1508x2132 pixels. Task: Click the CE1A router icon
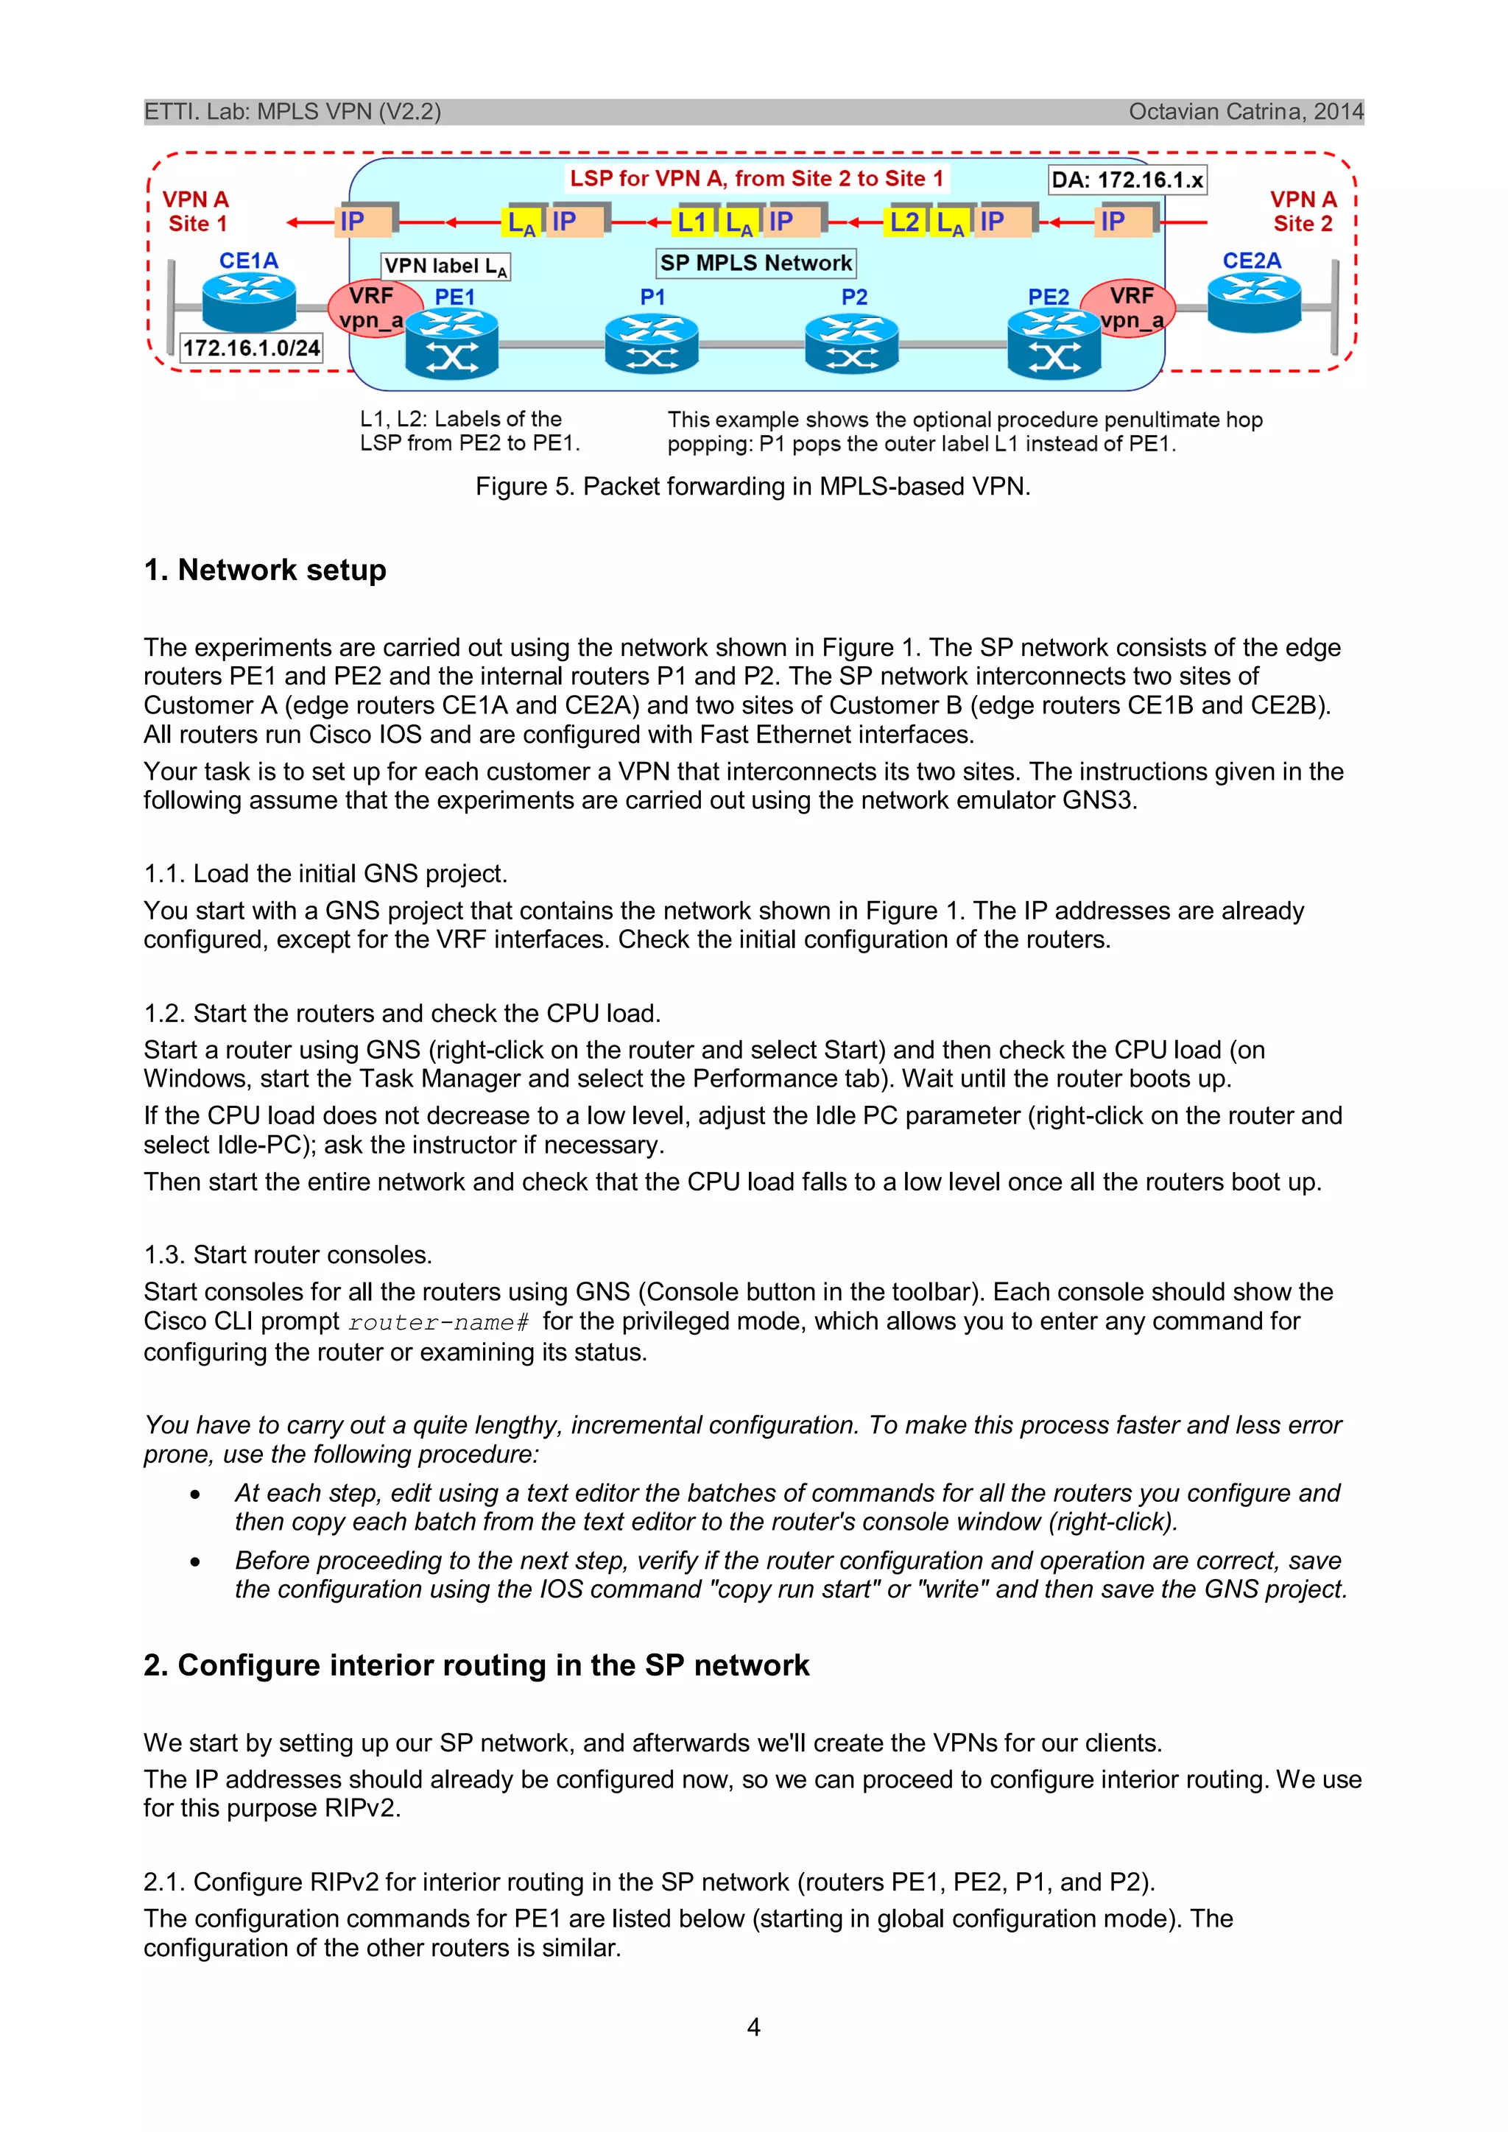(x=249, y=303)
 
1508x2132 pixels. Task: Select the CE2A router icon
(x=1253, y=303)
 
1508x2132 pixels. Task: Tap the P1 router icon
(x=651, y=344)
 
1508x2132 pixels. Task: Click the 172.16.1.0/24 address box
(x=250, y=348)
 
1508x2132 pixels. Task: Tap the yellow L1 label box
(x=694, y=222)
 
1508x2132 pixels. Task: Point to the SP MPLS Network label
(x=756, y=263)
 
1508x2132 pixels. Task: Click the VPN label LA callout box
(x=445, y=266)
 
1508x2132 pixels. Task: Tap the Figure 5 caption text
(x=753, y=487)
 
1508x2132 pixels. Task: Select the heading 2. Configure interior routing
(x=476, y=1665)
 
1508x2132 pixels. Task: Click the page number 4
(x=753, y=2027)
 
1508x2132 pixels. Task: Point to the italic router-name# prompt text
(x=438, y=1321)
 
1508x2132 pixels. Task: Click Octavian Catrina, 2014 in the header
(x=1245, y=111)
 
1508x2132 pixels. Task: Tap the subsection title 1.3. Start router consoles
(x=288, y=1254)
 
